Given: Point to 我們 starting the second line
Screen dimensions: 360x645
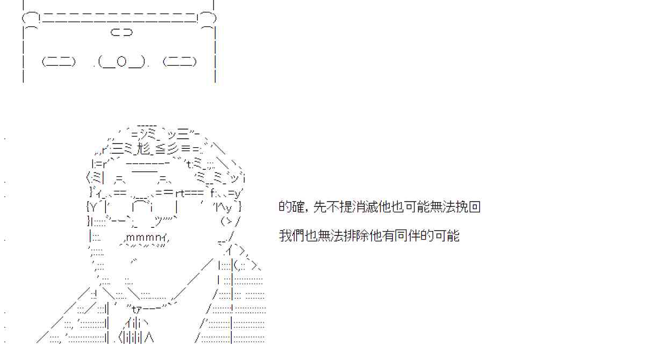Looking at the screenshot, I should coord(292,236).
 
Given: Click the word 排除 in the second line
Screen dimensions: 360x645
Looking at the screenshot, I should coord(357,236).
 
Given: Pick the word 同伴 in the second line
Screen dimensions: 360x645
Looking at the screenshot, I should coord(408,236).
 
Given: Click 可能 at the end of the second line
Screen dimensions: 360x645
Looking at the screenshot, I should coord(447,236).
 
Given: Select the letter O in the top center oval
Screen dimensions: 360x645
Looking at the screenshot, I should coord(121,62).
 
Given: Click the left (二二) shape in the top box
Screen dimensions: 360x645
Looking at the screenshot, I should coord(59,62).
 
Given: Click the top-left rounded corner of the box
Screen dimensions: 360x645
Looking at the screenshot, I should coord(30,19).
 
